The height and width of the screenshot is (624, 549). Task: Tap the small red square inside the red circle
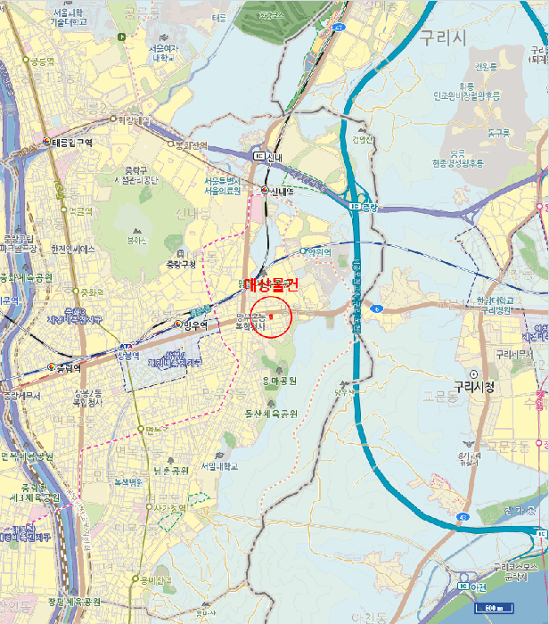click(x=270, y=316)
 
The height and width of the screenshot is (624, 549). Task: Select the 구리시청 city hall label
click(x=473, y=387)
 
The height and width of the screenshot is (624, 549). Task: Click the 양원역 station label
click(x=319, y=251)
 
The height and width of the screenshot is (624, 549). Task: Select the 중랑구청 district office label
click(x=185, y=265)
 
